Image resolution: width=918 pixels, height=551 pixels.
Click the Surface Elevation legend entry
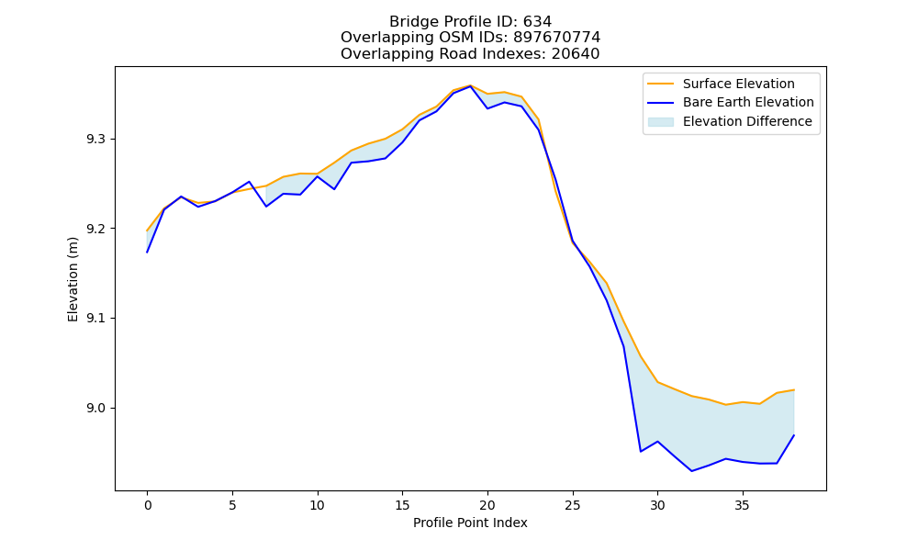tap(738, 84)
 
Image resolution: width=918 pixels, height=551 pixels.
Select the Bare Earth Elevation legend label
tap(748, 103)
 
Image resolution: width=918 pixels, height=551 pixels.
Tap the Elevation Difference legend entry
tap(747, 121)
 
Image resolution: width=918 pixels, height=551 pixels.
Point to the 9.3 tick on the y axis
tap(95, 140)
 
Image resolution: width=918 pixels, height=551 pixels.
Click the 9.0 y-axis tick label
tap(95, 408)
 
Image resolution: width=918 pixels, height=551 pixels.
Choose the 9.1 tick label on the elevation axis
tap(95, 319)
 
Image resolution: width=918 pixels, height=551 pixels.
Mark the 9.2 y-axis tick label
tap(95, 229)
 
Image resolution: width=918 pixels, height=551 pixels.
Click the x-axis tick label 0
tap(148, 505)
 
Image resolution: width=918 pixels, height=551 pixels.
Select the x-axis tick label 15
tap(402, 505)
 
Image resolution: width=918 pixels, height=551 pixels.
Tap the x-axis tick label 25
tap(573, 505)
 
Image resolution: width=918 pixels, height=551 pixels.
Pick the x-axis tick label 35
tap(743, 505)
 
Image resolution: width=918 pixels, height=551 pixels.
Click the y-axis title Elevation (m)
tap(73, 279)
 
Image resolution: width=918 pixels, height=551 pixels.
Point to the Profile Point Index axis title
tap(470, 523)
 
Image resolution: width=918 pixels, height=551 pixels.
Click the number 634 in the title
tap(537, 22)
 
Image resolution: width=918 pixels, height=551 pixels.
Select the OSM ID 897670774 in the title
tap(557, 38)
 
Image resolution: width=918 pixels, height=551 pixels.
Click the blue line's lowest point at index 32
tap(691, 471)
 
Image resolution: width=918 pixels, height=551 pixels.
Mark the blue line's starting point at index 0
tap(147, 253)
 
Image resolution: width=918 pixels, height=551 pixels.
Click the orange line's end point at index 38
tap(794, 389)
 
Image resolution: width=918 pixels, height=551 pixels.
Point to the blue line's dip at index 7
tap(266, 206)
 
